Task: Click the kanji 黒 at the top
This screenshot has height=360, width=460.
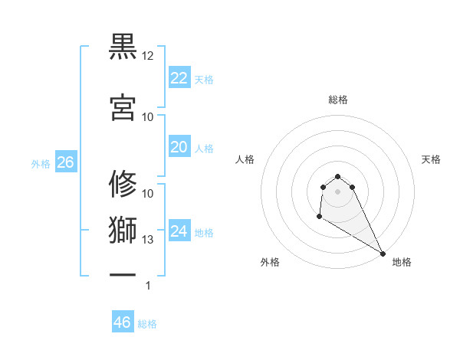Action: (x=123, y=47)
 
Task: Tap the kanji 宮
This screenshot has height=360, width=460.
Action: (x=123, y=107)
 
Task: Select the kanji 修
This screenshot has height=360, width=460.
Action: (x=123, y=184)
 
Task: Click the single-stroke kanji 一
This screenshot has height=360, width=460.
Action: (x=123, y=273)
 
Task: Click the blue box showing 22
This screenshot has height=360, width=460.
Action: (x=179, y=77)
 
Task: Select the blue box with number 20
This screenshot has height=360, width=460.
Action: (x=179, y=147)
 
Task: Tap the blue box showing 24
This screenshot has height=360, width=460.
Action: (x=179, y=231)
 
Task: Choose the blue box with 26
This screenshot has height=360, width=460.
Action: (x=65, y=162)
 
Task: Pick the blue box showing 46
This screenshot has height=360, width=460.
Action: (x=123, y=322)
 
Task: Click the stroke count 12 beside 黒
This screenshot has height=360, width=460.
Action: (x=147, y=57)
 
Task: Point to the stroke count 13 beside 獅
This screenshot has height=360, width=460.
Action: (x=147, y=240)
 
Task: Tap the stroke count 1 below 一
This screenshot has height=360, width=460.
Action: (x=147, y=286)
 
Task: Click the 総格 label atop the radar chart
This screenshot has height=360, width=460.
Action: (x=337, y=100)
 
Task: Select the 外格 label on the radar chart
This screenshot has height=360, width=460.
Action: (x=270, y=262)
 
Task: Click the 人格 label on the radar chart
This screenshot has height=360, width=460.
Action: (x=245, y=159)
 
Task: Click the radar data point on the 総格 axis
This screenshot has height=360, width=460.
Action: (x=337, y=177)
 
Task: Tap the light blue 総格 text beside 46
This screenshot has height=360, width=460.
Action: (x=147, y=324)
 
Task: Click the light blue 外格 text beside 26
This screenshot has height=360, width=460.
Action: (x=41, y=164)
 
